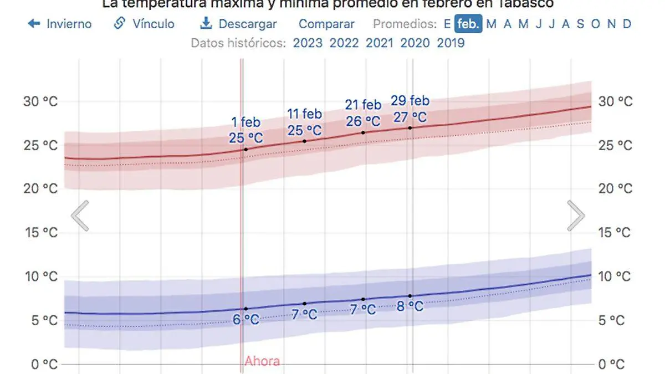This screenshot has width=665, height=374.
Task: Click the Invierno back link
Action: [x=60, y=24]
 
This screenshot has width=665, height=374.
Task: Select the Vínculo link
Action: [x=144, y=24]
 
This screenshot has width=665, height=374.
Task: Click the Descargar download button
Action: [x=239, y=24]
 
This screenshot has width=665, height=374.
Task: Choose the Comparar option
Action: [x=326, y=24]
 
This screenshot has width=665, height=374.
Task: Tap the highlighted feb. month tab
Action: [x=468, y=24]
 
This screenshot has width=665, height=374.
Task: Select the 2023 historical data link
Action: [x=308, y=43]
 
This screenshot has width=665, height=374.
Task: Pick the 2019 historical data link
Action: [x=451, y=43]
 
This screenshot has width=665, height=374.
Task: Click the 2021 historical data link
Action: [x=380, y=43]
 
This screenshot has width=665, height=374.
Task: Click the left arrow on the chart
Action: [x=80, y=216]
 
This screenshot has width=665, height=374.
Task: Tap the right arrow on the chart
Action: [x=576, y=216]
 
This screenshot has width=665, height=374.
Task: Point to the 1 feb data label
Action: [x=245, y=122]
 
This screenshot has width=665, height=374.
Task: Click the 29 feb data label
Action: [x=410, y=101]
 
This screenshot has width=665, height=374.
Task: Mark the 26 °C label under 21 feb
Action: [x=363, y=121]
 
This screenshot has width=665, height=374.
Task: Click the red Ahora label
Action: [x=262, y=362]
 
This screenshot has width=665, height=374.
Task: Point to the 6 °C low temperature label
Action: [x=245, y=320]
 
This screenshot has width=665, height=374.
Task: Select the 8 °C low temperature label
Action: [x=410, y=306]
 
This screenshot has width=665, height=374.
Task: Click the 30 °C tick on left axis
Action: [x=40, y=101]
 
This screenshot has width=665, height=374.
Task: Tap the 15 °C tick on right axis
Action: [x=615, y=232]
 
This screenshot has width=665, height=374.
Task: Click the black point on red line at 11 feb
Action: [x=304, y=141]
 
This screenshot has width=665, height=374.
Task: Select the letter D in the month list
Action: [x=627, y=24]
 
